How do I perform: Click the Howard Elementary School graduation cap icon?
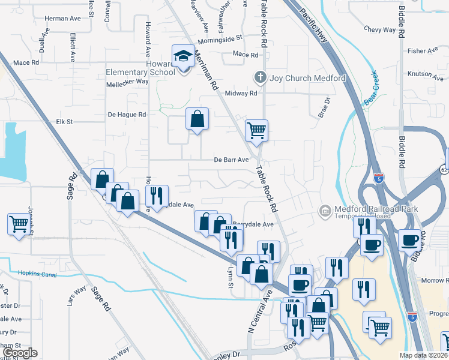point(182,56)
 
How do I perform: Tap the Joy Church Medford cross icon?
point(260,78)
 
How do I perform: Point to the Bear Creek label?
point(373,94)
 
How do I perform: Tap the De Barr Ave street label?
point(231,160)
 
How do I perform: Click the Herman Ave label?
point(67,19)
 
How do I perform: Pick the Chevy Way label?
point(381,29)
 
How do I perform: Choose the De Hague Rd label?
point(127,114)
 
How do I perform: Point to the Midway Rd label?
point(241,94)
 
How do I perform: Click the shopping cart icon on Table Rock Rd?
point(256,130)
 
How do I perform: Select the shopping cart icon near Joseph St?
point(19,224)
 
